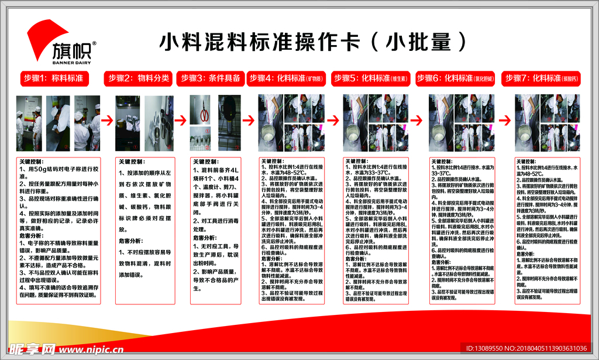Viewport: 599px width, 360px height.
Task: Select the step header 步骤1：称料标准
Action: coord(53,78)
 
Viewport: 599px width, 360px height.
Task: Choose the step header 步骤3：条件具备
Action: coord(210,78)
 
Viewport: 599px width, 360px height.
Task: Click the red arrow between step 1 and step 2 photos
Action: coord(107,121)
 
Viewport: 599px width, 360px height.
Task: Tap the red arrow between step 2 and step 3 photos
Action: coord(181,121)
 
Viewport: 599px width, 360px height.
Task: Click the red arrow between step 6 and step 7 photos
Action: coord(502,121)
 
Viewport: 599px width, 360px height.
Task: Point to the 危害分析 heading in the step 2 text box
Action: coord(131,241)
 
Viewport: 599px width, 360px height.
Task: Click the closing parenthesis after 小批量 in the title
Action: coord(462,42)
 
